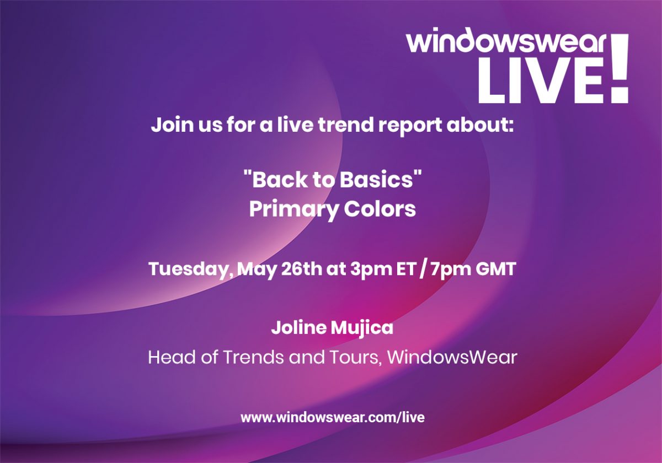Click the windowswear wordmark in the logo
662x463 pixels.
pyautogui.click(x=506, y=40)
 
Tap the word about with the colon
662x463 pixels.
pyautogui.click(x=480, y=125)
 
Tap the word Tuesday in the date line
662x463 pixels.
pyautogui.click(x=191, y=270)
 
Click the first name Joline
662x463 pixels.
pyautogui.click(x=298, y=327)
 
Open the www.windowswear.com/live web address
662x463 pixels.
pyautogui.click(x=333, y=417)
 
